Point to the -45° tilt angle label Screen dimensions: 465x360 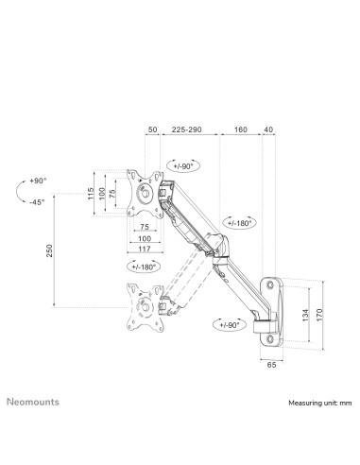[37, 201]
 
